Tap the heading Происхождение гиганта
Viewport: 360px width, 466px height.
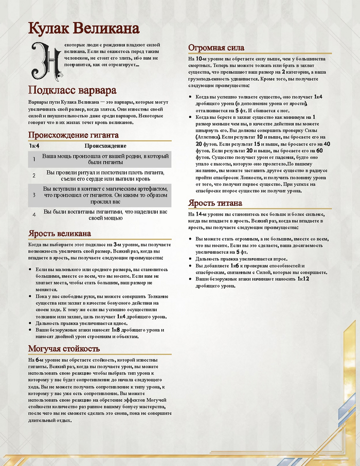73,135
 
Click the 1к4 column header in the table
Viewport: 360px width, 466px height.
33,146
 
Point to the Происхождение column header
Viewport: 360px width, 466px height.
105,146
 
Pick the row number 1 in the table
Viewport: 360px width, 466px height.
34,159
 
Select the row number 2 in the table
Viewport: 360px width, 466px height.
34,176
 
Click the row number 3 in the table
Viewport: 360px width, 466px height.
34,195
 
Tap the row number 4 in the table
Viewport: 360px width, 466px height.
34,214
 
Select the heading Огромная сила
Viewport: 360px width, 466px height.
216,48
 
